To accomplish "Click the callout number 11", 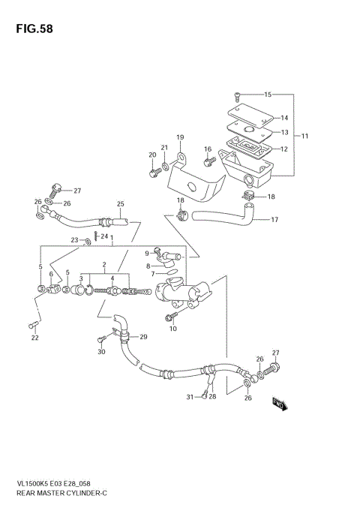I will pos(305,136).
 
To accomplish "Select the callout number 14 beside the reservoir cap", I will pos(283,118).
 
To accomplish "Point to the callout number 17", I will pos(274,220).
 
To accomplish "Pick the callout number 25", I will pos(120,204).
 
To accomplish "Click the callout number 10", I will pos(172,329).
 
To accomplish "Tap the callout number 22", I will pos(34,338).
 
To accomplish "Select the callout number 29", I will pos(143,336).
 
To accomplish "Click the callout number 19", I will pos(180,137).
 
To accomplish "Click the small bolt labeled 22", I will pos(32,324).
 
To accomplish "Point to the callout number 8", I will pos(148,265).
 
